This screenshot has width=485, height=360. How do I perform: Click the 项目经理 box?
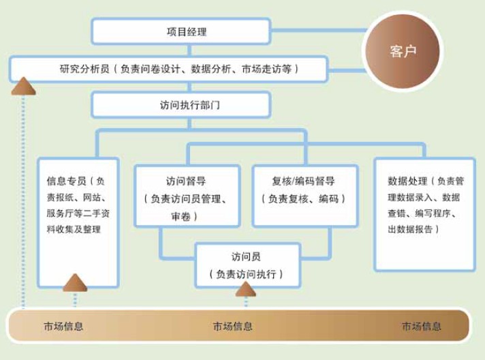[181, 31]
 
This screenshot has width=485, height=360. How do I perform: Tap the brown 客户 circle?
[403, 51]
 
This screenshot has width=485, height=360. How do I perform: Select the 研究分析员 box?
[168, 69]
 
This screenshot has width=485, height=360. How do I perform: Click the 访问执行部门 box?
[181, 105]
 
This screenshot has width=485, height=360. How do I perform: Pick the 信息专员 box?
[78, 222]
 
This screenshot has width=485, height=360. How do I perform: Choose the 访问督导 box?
[187, 196]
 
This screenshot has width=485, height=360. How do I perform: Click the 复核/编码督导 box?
[305, 196]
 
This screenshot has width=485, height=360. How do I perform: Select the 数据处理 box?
[424, 214]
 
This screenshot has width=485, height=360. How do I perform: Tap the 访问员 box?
[247, 265]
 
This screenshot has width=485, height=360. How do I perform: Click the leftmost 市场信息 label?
[63, 327]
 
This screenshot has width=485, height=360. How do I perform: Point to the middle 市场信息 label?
[232, 327]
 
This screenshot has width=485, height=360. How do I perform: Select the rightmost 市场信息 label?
[421, 327]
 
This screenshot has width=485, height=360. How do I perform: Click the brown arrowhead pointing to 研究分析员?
[24, 86]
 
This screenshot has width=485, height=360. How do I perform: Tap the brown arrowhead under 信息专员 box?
[75, 283]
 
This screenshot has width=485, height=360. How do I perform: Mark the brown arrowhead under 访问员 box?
[246, 289]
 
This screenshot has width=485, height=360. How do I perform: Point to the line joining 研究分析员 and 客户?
[347, 71]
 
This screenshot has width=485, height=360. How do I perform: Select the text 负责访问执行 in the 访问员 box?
[246, 274]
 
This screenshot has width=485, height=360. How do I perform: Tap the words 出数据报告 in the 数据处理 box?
[410, 229]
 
